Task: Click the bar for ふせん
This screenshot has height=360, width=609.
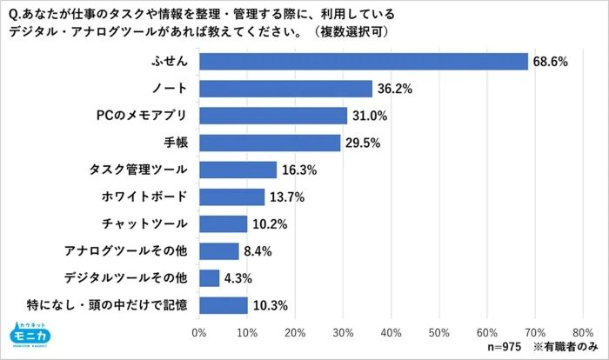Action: [x=364, y=62]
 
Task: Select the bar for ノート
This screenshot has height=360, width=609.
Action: [x=285, y=89]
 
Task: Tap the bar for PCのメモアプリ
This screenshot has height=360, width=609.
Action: [x=273, y=116]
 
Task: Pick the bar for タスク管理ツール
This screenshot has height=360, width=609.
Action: [x=238, y=170]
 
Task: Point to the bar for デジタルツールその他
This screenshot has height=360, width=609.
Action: [x=209, y=278]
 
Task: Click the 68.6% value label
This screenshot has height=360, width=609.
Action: [x=552, y=62]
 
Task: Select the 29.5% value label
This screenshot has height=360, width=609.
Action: [x=365, y=143]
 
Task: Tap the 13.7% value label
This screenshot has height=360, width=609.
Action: [x=288, y=197]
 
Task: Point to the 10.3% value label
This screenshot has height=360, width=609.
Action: [x=271, y=305]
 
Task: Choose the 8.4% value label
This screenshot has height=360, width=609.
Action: [x=260, y=251]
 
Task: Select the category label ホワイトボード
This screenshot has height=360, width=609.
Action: [x=144, y=197]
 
